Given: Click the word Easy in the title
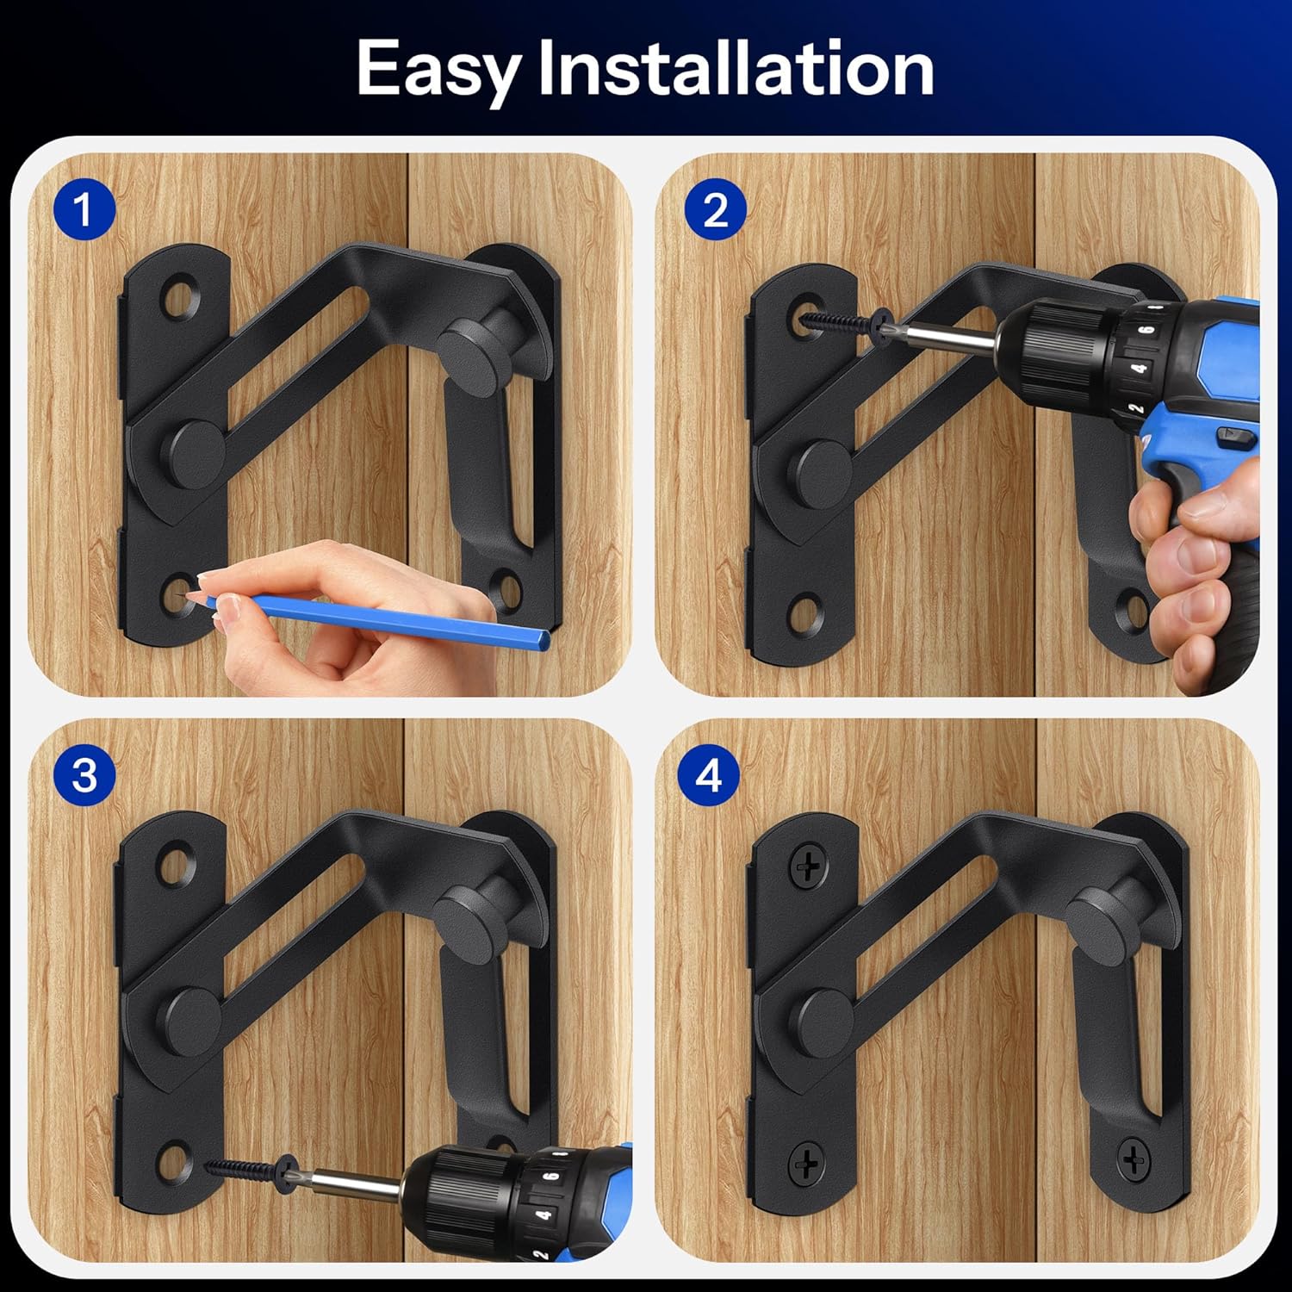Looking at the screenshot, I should (x=438, y=69).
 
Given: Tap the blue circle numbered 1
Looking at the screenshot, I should (x=84, y=209).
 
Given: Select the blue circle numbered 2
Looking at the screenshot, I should (x=715, y=209).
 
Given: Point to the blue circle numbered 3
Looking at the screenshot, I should (x=84, y=775).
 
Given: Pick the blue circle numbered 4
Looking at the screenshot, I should (x=708, y=775).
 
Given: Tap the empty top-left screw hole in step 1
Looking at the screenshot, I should (x=180, y=297).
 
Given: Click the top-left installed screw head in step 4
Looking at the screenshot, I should (x=809, y=866).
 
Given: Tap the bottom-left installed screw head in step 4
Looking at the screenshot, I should (x=807, y=1165).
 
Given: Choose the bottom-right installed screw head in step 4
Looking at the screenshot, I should (x=1134, y=1159).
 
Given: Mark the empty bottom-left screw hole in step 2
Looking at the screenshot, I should (x=806, y=613).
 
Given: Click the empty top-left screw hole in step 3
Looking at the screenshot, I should (x=179, y=864).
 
